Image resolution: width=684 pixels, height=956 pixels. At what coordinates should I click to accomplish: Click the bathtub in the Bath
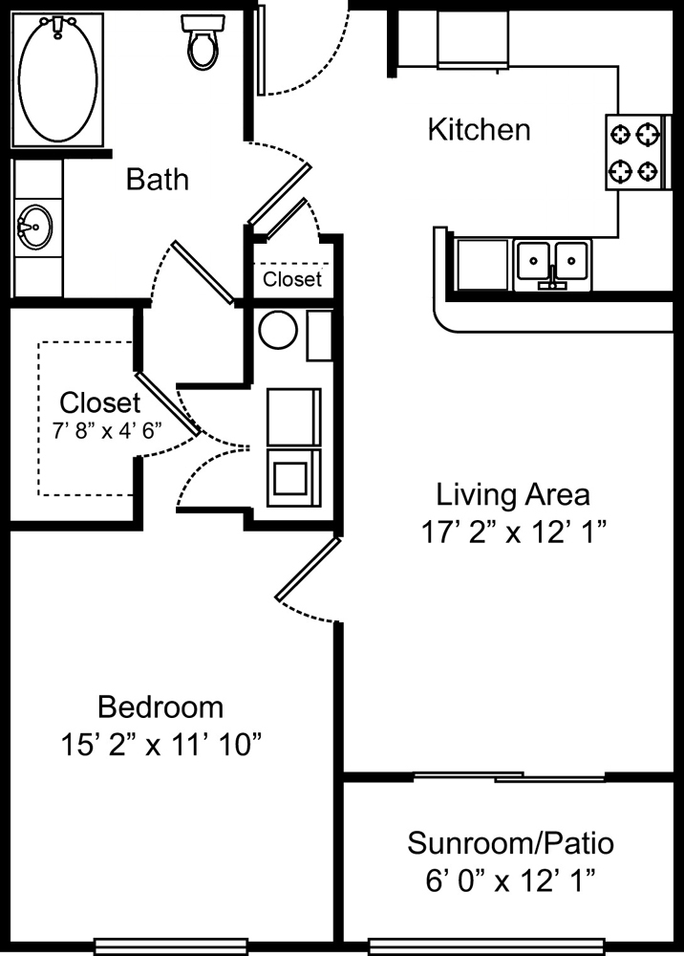point(57,79)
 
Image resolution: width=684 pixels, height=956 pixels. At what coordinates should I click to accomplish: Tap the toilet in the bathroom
point(201,41)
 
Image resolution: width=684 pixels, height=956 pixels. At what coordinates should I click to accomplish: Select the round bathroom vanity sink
point(34,227)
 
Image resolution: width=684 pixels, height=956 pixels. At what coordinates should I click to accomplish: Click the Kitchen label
point(479,130)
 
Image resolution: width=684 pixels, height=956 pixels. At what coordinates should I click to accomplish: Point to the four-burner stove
point(636,152)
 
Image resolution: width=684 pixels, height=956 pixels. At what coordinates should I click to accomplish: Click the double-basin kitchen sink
point(552,265)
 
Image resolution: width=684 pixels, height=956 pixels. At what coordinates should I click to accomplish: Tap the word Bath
point(157,180)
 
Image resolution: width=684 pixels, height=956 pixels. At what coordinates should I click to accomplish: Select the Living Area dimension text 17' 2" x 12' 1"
point(514,532)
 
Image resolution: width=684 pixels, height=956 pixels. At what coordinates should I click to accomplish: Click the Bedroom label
point(160,707)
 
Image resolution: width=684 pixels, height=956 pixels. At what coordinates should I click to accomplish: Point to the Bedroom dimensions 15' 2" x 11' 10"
point(161,745)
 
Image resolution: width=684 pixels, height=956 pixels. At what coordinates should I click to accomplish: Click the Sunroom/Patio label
point(510,843)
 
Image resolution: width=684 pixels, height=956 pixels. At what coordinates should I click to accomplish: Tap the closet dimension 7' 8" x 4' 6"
point(107,431)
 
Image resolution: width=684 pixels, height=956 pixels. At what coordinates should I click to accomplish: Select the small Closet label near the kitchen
point(292,278)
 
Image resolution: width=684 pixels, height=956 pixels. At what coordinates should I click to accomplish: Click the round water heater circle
point(278,330)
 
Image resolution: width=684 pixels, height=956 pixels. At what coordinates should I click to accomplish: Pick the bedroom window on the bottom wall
point(171,946)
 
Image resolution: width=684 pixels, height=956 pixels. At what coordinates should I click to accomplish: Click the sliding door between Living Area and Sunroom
point(510,776)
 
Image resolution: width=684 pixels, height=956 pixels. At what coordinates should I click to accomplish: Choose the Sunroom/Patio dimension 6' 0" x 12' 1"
point(510,881)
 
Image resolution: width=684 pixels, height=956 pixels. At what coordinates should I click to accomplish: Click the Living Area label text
point(513,494)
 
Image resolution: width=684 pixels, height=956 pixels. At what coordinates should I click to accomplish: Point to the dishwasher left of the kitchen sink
point(483,264)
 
